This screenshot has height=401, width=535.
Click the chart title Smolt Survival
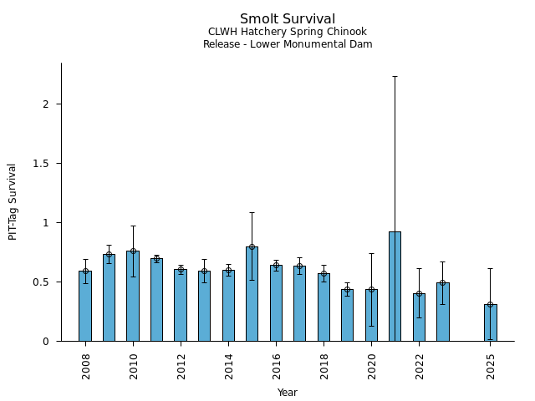pos(288,19)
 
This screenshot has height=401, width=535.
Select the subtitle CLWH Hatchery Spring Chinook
pos(288,32)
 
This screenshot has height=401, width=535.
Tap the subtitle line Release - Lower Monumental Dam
pos(288,44)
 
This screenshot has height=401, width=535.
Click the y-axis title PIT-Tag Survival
pos(13,201)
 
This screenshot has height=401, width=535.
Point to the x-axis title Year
pos(288,393)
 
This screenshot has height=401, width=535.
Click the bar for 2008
pos(85,306)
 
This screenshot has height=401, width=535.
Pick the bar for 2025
pos(490,322)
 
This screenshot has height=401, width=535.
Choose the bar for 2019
pos(347,315)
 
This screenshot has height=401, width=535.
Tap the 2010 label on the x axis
pos(133,366)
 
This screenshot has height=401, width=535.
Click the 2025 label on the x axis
pos(491,366)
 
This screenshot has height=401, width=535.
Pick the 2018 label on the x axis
pos(324,366)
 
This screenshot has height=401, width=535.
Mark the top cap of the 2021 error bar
pos(395,76)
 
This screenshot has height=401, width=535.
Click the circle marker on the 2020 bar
pos(371,289)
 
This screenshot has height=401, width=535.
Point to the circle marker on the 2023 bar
pos(442,282)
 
